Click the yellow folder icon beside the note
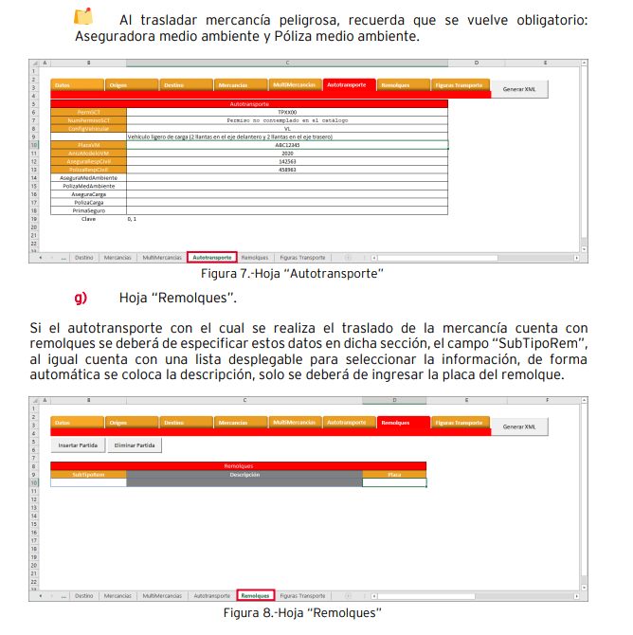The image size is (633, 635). [x=83, y=17]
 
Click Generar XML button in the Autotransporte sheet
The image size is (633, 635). [x=518, y=88]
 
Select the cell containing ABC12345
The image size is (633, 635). [x=286, y=145]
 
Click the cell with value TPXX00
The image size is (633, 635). [x=286, y=113]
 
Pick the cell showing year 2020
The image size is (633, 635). [x=286, y=153]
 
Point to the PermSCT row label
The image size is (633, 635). [x=88, y=113]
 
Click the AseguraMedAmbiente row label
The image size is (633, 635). [x=88, y=177]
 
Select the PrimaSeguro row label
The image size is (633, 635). [x=88, y=209]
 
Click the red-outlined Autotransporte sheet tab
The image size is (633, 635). [x=211, y=257]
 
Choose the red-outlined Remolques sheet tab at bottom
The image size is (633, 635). [x=255, y=596]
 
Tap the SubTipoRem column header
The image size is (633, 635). [x=88, y=475]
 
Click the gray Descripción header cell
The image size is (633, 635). [x=244, y=475]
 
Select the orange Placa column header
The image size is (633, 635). [x=394, y=475]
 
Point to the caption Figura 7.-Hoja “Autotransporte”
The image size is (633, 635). [x=292, y=273]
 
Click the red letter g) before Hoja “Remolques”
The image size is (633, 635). [x=81, y=298]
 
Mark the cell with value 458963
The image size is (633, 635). [x=286, y=169]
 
